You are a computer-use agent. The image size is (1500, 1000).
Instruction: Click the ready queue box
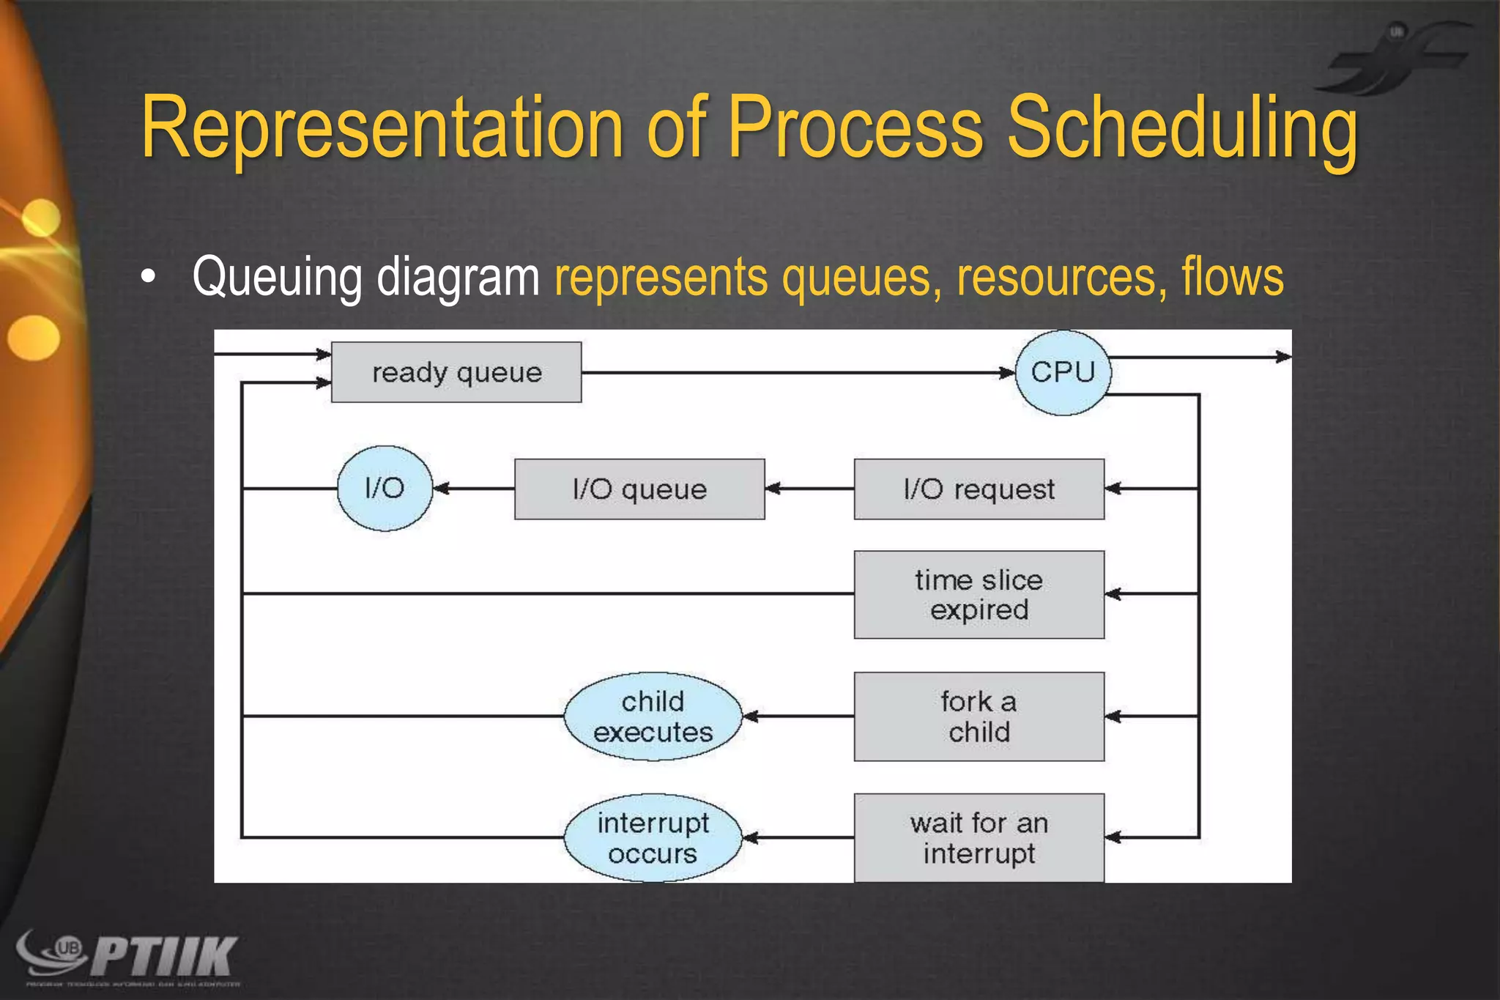(x=456, y=372)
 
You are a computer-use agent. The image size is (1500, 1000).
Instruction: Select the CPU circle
(x=1063, y=372)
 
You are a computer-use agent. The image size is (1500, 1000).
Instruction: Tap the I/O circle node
(x=385, y=488)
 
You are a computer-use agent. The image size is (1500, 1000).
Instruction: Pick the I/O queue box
(x=639, y=489)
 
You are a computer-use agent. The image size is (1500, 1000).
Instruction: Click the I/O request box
(x=979, y=489)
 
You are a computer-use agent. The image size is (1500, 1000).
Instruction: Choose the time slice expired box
(x=979, y=594)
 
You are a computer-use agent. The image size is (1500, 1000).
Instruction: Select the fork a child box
(x=979, y=716)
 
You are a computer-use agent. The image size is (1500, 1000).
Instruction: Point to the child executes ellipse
(x=653, y=716)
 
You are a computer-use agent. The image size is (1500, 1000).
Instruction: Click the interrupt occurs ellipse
(x=653, y=838)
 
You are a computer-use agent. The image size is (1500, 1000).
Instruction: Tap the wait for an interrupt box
(x=979, y=838)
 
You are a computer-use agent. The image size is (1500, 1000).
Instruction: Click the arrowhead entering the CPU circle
(x=1008, y=373)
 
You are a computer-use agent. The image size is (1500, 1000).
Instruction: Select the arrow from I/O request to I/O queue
(x=809, y=489)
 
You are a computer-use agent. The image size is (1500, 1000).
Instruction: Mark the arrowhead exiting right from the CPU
(x=1283, y=357)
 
